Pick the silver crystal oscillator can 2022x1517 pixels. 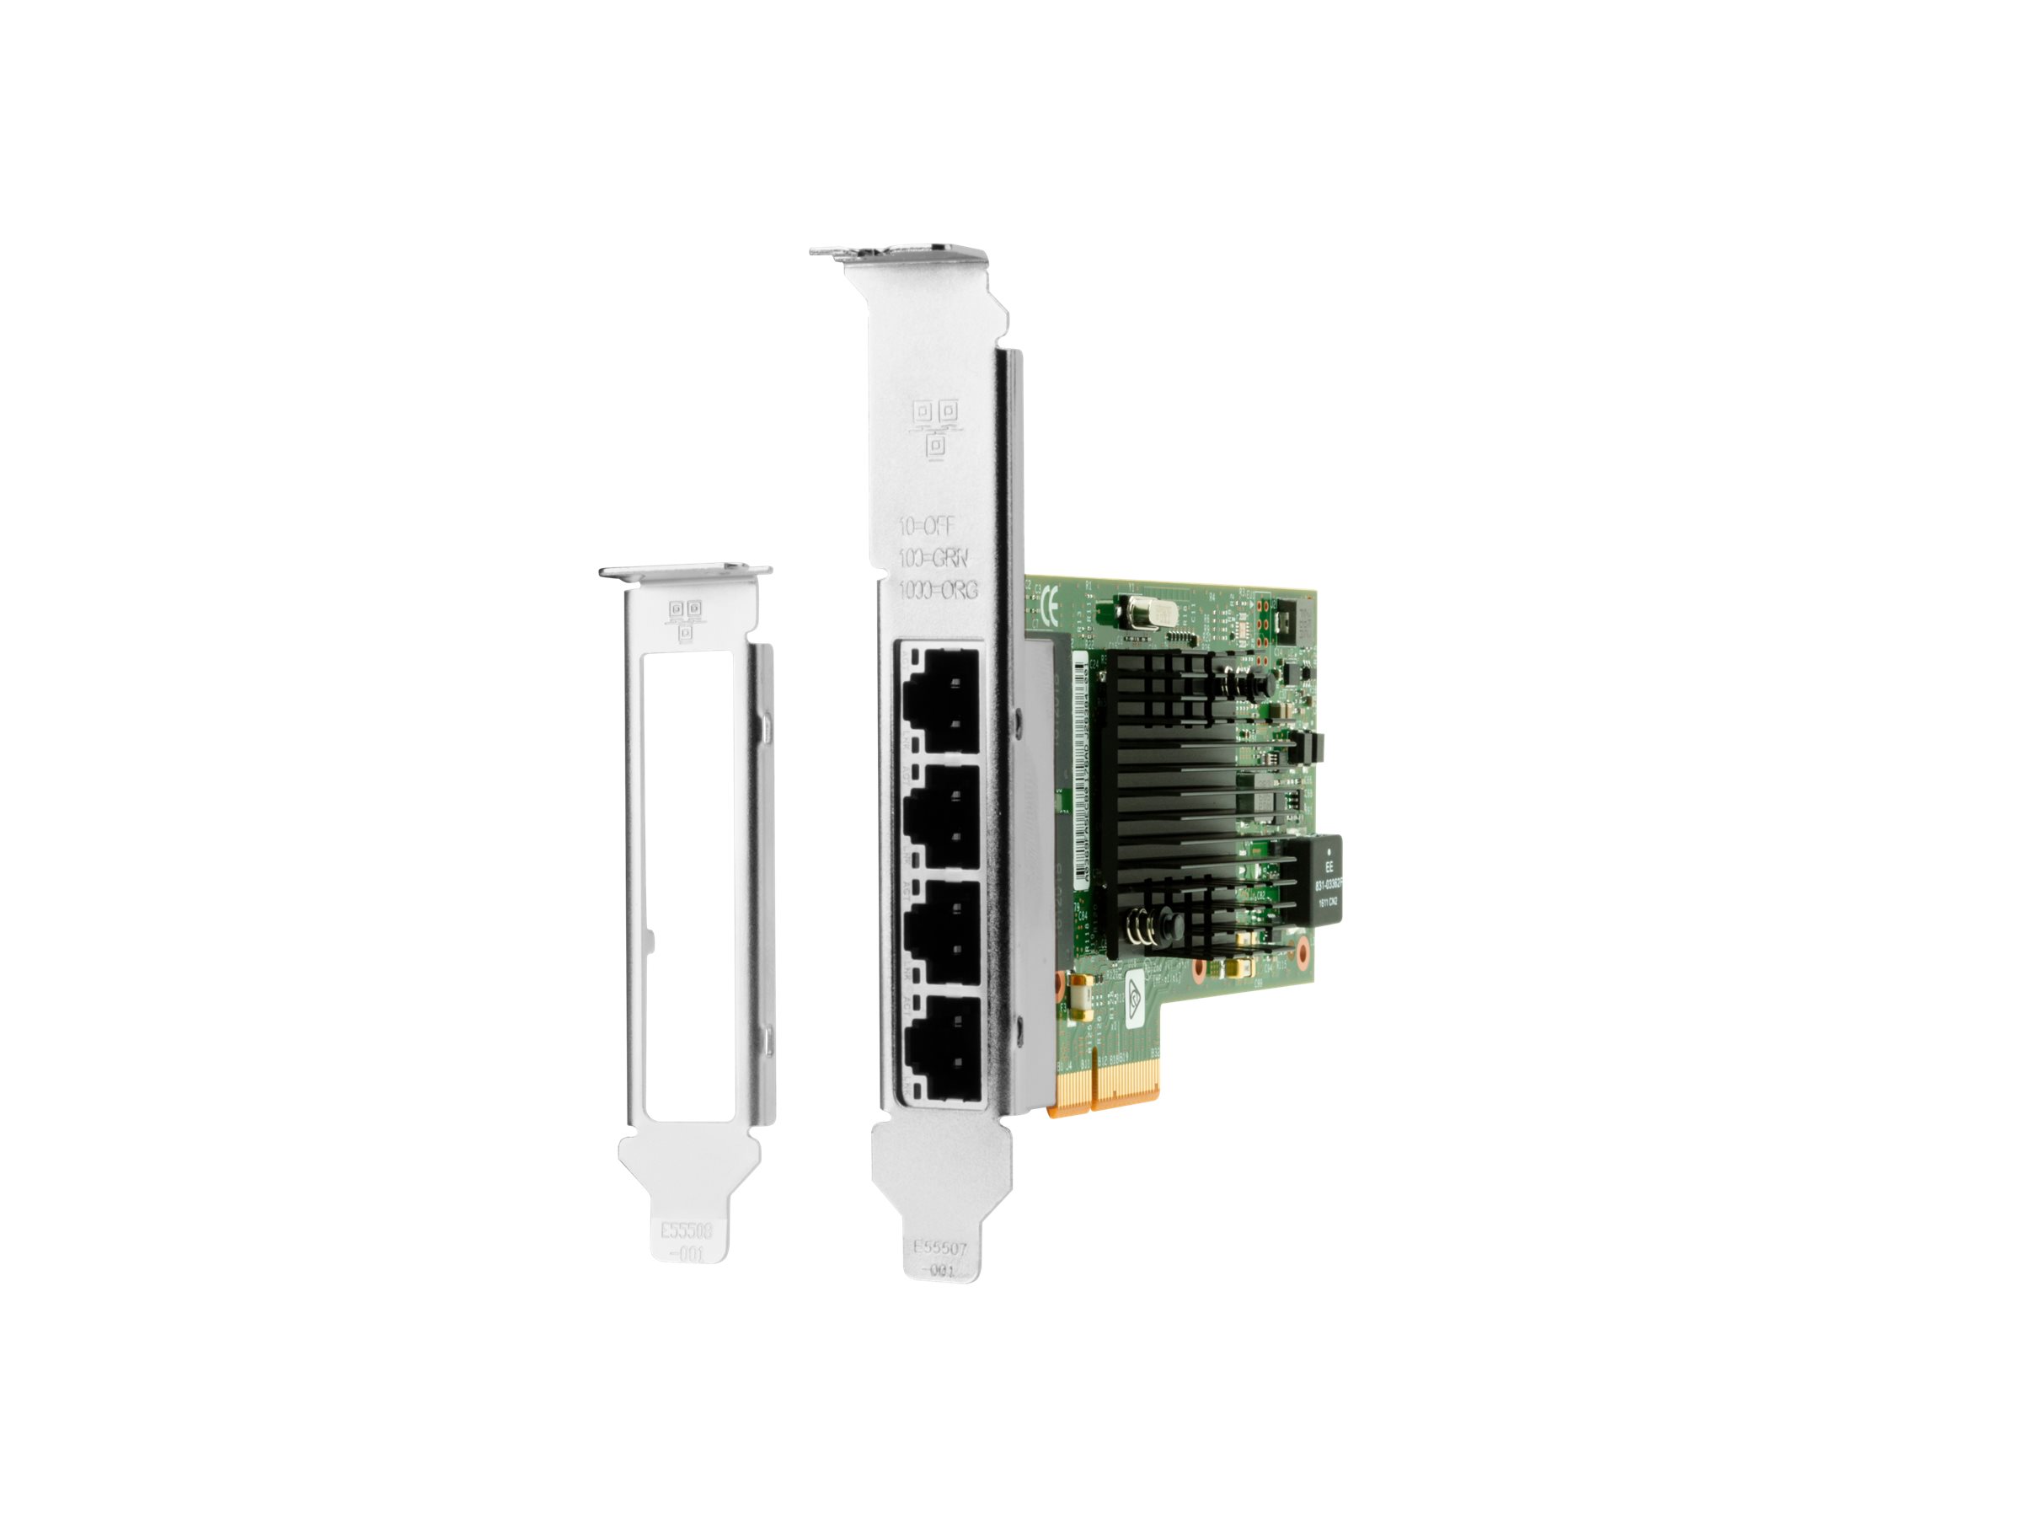click(1147, 610)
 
